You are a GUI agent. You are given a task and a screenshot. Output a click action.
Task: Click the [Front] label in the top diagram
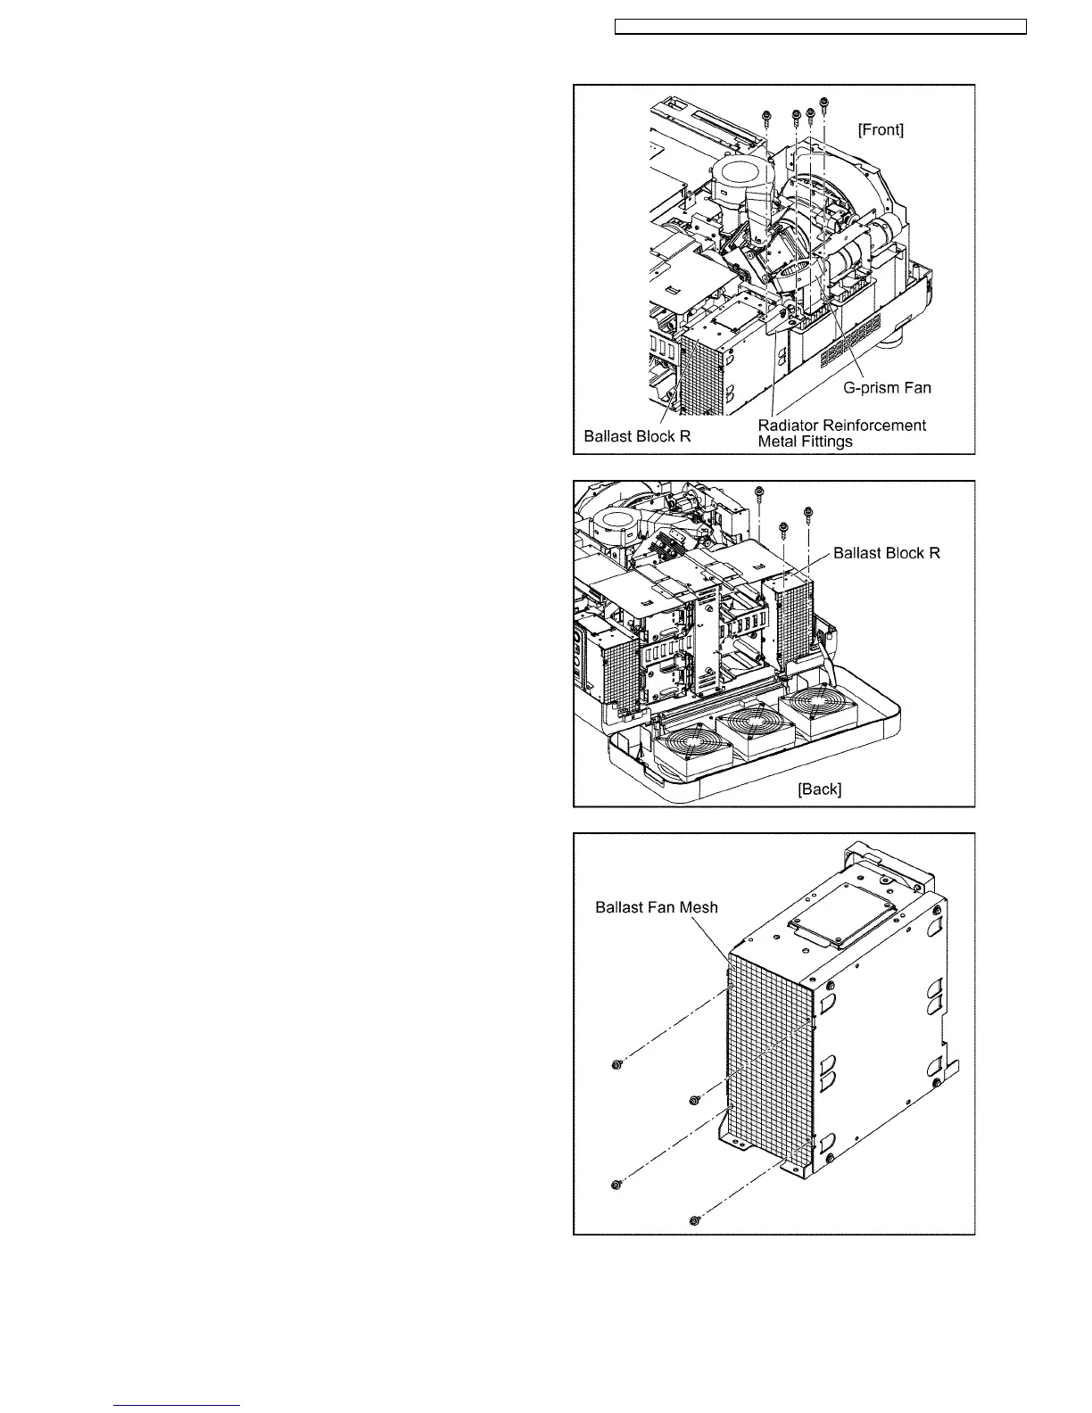(x=880, y=130)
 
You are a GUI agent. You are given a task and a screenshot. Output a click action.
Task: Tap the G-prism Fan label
(x=887, y=388)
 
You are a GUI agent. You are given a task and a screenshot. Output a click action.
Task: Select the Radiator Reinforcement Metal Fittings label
(x=841, y=433)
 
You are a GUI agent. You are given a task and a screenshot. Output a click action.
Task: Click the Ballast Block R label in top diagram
(x=637, y=436)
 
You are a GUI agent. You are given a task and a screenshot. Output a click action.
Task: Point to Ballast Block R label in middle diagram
(x=886, y=553)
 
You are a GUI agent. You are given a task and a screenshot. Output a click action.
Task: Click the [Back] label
(x=819, y=789)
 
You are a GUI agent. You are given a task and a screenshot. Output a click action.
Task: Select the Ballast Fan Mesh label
(x=656, y=908)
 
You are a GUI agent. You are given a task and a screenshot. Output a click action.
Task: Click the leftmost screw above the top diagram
(x=766, y=117)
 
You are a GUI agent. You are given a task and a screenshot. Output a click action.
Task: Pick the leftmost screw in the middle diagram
(x=759, y=492)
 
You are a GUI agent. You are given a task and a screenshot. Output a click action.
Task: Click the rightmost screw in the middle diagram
(x=808, y=513)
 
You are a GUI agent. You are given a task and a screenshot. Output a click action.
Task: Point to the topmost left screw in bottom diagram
(x=616, y=1065)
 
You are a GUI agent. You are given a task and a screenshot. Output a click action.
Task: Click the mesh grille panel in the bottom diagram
(x=767, y=1062)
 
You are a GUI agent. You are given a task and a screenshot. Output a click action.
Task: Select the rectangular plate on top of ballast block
(x=843, y=920)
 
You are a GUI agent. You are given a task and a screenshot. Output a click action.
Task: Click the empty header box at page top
(x=822, y=28)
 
